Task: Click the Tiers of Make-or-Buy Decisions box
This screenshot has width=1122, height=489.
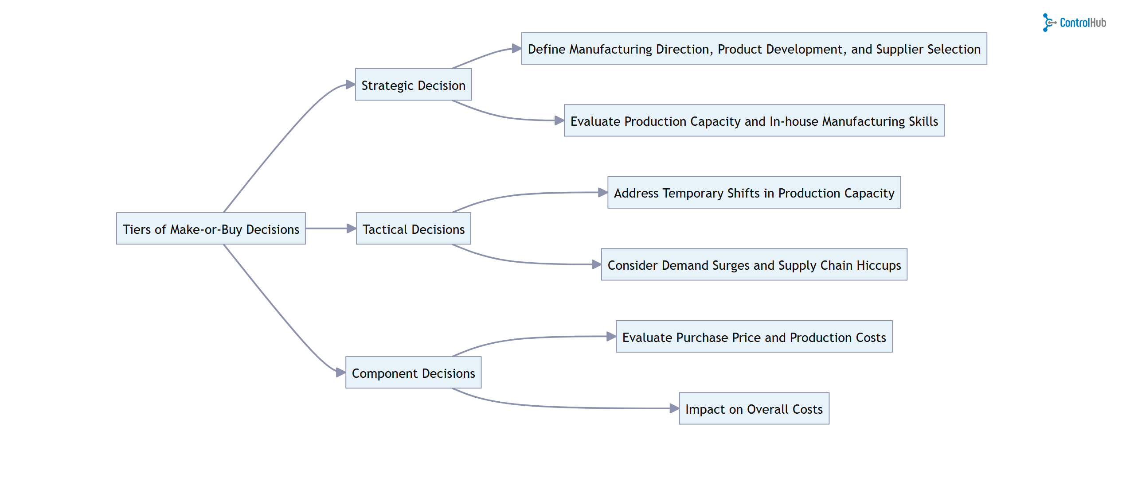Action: coord(211,229)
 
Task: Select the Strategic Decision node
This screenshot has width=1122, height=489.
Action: coord(413,85)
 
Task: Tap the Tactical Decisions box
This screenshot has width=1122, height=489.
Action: coord(413,229)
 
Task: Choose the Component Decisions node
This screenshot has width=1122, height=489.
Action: coord(413,373)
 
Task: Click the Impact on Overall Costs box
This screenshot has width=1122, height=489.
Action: coord(754,408)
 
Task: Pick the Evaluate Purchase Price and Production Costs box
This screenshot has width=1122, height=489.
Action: coord(754,337)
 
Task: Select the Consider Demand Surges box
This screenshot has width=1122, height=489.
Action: coord(754,264)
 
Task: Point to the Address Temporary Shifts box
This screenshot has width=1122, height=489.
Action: coord(754,193)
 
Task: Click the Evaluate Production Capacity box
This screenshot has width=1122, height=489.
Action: coord(754,120)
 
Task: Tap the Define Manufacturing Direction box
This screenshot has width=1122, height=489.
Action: coord(754,49)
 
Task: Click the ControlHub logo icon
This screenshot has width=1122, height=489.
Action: coord(1048,23)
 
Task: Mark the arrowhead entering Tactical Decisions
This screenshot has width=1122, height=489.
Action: coord(352,229)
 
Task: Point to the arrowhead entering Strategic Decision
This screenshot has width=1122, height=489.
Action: coord(351,84)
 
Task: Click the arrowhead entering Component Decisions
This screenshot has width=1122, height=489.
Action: coord(341,373)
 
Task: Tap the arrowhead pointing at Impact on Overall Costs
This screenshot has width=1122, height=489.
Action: coord(674,408)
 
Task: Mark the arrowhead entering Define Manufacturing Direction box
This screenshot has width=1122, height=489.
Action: coord(516,48)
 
